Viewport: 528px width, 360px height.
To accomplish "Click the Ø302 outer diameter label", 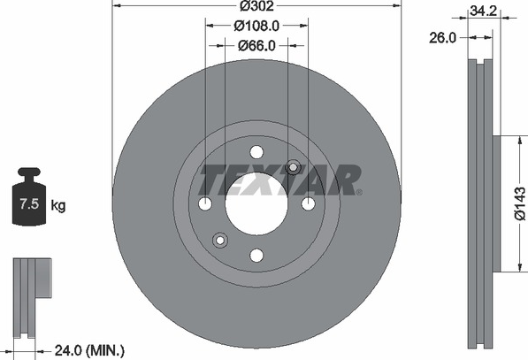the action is click(256, 5).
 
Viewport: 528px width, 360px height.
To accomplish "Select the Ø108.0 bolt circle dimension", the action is click(256, 26).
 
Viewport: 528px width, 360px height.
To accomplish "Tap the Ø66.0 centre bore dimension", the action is click(256, 45).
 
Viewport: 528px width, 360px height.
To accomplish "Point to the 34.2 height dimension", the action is click(484, 11).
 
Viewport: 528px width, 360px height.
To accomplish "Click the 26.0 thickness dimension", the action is click(442, 38).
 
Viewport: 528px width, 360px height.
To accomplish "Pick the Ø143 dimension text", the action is click(520, 203).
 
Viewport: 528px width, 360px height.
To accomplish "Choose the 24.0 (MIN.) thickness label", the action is click(89, 351).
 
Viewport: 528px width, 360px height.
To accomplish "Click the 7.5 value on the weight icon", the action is click(29, 203).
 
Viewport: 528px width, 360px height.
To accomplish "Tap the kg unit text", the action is click(58, 204).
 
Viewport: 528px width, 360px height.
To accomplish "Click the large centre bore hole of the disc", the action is click(256, 204).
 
